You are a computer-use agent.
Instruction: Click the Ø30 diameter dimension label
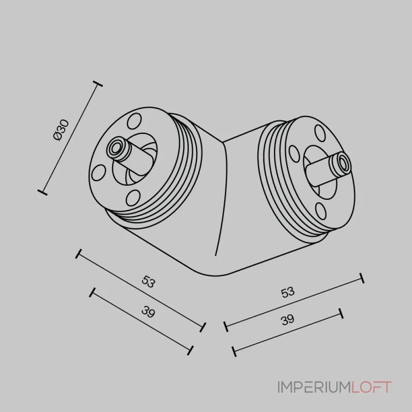[x=61, y=130]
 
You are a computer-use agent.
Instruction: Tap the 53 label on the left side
[x=148, y=281]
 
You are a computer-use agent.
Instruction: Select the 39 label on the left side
[x=148, y=312]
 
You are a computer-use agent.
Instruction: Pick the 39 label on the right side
[x=287, y=320]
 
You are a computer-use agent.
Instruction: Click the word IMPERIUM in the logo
[x=314, y=387]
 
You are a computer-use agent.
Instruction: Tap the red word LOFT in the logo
[x=371, y=387]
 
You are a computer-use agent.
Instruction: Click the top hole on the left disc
[x=134, y=121]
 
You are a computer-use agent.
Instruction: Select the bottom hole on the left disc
[x=133, y=198]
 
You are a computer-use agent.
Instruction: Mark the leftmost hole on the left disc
[x=98, y=173]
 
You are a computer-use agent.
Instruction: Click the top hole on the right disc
[x=320, y=133]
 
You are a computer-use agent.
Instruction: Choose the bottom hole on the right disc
[x=321, y=211]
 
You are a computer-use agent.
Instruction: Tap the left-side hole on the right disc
[x=294, y=154]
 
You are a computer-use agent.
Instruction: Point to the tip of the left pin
[x=115, y=148]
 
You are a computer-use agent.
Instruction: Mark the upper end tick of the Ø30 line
[x=98, y=83]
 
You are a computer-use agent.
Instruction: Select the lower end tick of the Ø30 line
[x=43, y=192]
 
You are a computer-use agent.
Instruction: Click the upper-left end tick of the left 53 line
[x=78, y=254]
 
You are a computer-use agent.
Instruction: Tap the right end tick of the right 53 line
[x=362, y=278]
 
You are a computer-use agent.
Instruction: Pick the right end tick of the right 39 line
[x=341, y=314]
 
